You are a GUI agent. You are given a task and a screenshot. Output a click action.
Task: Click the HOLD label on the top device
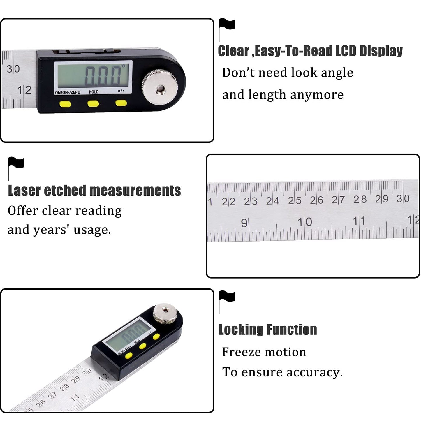(94, 92)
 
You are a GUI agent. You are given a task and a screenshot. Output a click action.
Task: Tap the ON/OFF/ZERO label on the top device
(68, 92)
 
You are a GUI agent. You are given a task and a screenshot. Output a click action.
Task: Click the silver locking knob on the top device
(160, 87)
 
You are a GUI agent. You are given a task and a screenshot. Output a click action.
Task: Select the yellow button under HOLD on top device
(93, 103)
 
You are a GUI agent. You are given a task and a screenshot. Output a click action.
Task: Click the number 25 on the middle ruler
(295, 200)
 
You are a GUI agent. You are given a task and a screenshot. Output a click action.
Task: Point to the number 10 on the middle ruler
(305, 222)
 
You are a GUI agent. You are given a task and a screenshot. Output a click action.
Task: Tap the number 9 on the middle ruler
(244, 223)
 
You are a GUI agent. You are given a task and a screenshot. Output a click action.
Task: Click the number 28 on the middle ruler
(360, 199)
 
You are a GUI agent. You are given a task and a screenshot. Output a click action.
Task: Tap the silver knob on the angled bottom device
(165, 313)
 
